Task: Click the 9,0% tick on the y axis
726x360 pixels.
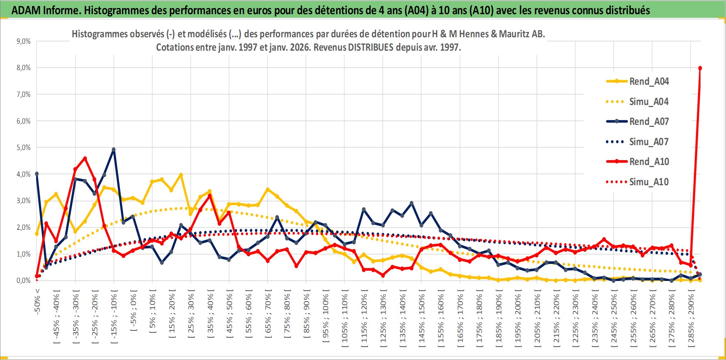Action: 24,41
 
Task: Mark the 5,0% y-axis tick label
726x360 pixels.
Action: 24,148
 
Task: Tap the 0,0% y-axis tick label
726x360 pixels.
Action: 24,281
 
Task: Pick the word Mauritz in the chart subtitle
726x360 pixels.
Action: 514,34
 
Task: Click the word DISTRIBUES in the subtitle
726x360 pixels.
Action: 370,47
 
